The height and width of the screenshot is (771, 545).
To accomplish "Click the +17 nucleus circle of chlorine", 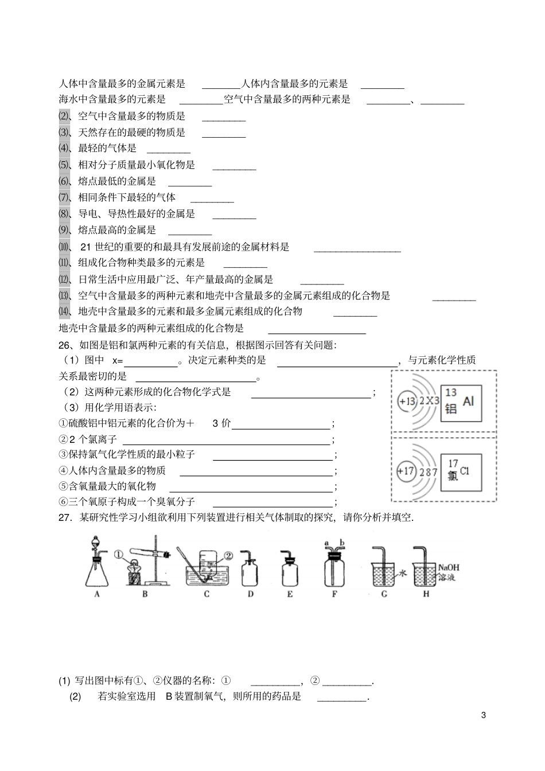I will pos(405,472).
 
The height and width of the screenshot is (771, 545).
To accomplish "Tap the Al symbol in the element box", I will pos(468,401).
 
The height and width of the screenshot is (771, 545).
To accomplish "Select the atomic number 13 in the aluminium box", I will pos(451,393).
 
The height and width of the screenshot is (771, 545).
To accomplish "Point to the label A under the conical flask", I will pos(97,594).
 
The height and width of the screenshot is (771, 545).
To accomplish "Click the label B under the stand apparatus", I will pos(145,594).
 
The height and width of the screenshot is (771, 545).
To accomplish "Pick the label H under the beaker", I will pos(426,594).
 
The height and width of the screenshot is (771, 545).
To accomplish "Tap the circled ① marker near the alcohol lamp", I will pos(119,555).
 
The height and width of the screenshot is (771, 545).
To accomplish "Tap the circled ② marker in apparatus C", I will pos(228,555).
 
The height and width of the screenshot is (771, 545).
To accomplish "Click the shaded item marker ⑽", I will pos(64,247).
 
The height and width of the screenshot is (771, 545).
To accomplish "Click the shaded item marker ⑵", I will pos(64,116).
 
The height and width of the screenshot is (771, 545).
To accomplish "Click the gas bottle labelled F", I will pos(334,569).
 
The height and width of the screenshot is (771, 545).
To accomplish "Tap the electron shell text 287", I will pos(429,472).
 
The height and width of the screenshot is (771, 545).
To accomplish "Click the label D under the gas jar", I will pos(251,594).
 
